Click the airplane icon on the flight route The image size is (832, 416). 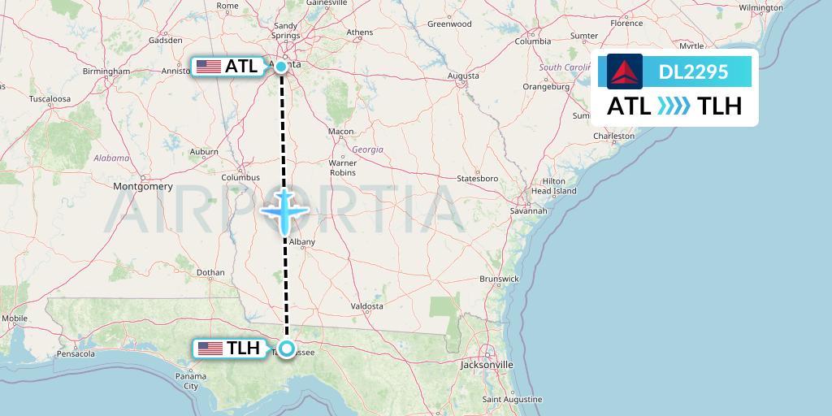click(284, 211)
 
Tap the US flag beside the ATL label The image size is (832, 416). click(209, 67)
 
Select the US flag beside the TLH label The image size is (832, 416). click(210, 349)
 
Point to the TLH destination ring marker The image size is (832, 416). click(287, 349)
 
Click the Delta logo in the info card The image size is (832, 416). click(625, 71)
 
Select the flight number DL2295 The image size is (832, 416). click(693, 72)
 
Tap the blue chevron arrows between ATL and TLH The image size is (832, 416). click(674, 106)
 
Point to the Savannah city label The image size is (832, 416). click(528, 210)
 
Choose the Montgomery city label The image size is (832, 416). click(144, 186)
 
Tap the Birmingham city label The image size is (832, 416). click(106, 71)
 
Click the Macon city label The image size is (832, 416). click(340, 132)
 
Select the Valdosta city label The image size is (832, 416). click(366, 306)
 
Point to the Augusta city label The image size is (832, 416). click(463, 76)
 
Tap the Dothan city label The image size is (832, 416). click(210, 273)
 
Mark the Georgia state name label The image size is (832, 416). click(367, 149)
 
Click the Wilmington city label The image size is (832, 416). click(760, 7)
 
